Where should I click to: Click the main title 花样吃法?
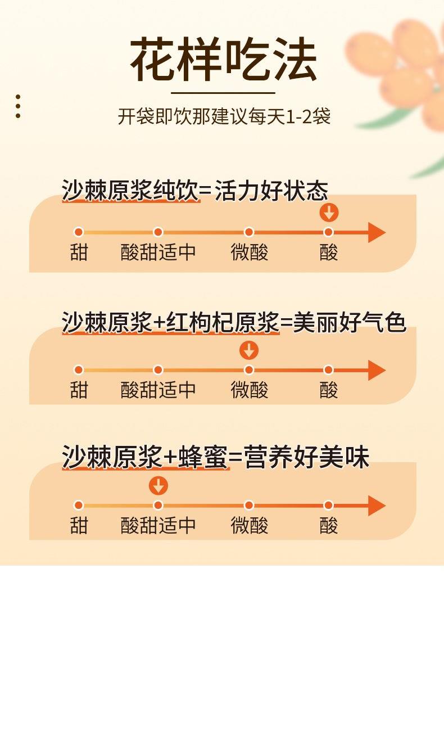(223, 60)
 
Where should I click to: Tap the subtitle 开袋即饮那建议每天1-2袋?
(224, 116)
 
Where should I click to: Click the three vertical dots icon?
(18, 106)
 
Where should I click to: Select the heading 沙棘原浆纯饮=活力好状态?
(194, 191)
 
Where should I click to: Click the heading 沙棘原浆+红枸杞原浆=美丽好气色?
(233, 323)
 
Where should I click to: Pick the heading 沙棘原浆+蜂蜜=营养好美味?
(215, 458)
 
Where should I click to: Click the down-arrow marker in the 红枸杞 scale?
(249, 350)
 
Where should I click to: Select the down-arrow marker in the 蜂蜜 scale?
(158, 486)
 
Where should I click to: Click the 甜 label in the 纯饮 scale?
(79, 252)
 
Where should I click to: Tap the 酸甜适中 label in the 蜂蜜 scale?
(158, 526)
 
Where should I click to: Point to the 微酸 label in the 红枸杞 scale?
(250, 390)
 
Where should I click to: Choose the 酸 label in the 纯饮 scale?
(329, 252)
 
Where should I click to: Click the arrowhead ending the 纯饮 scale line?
(377, 232)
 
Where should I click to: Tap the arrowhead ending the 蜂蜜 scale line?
(377, 506)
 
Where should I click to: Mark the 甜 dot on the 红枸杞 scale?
(79, 370)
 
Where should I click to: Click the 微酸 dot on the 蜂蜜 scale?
(249, 506)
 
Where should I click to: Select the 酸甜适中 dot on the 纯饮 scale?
(158, 232)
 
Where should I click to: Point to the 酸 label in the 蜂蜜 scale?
(329, 526)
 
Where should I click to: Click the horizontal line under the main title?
(223, 93)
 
